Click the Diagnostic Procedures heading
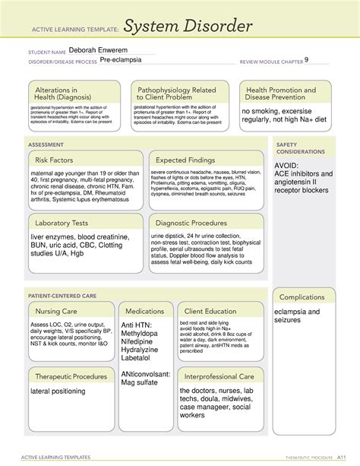click(194, 223)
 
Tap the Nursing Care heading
click(56, 311)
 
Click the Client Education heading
click(210, 311)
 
